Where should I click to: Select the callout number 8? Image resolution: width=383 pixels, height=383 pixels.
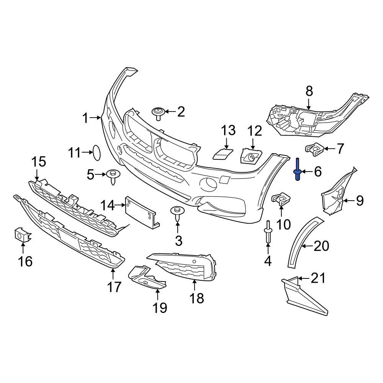coord(309,91)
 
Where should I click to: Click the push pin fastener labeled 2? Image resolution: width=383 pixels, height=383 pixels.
coord(158,113)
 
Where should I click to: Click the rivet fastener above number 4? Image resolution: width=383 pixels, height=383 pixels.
coord(267,232)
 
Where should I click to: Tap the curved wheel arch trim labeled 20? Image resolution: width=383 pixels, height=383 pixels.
coord(303,241)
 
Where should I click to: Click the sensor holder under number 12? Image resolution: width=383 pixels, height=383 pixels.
coord(250,157)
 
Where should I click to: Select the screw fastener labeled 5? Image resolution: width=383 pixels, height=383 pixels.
coord(113,177)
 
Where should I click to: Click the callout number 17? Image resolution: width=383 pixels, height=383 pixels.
coord(114,286)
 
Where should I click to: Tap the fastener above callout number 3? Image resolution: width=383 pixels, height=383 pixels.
coord(177,213)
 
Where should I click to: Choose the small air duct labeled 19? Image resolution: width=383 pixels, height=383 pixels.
coord(147,278)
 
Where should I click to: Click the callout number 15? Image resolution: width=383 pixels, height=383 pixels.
coord(38,162)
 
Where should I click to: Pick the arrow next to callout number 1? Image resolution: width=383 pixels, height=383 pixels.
coord(96,118)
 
